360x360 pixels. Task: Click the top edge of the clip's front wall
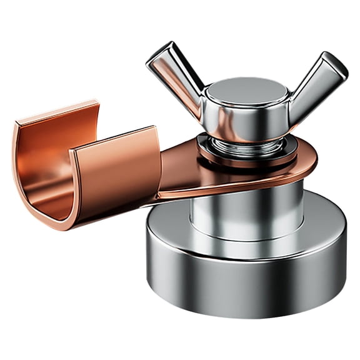pos(112,140)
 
